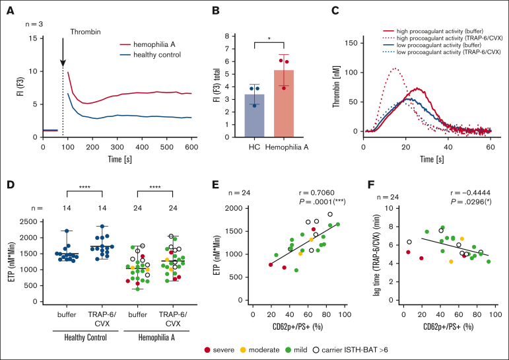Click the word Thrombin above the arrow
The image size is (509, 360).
click(86, 31)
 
